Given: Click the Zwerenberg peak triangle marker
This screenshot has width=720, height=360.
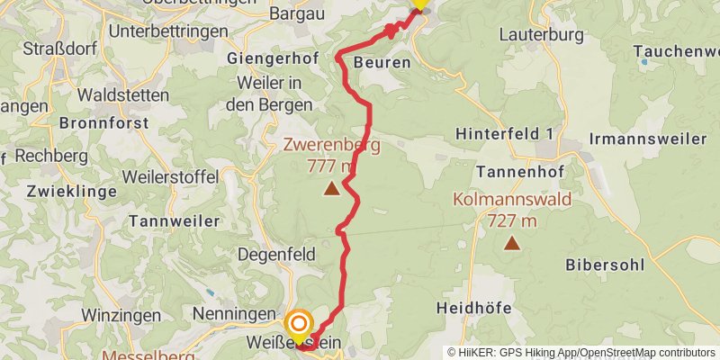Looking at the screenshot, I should coord(332,188).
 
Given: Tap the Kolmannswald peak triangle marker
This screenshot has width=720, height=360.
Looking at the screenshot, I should coord(511,242).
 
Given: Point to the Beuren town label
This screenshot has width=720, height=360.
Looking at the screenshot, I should coord(382,63).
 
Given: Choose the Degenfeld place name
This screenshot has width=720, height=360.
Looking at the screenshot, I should coord(279,255).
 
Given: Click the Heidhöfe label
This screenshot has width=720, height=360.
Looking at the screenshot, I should coord(473,308).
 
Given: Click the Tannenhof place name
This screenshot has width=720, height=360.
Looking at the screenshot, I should coord(517,170).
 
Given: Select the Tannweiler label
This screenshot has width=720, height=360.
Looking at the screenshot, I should coord(175,220).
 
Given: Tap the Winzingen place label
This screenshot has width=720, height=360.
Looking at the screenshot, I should coord(121,315).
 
